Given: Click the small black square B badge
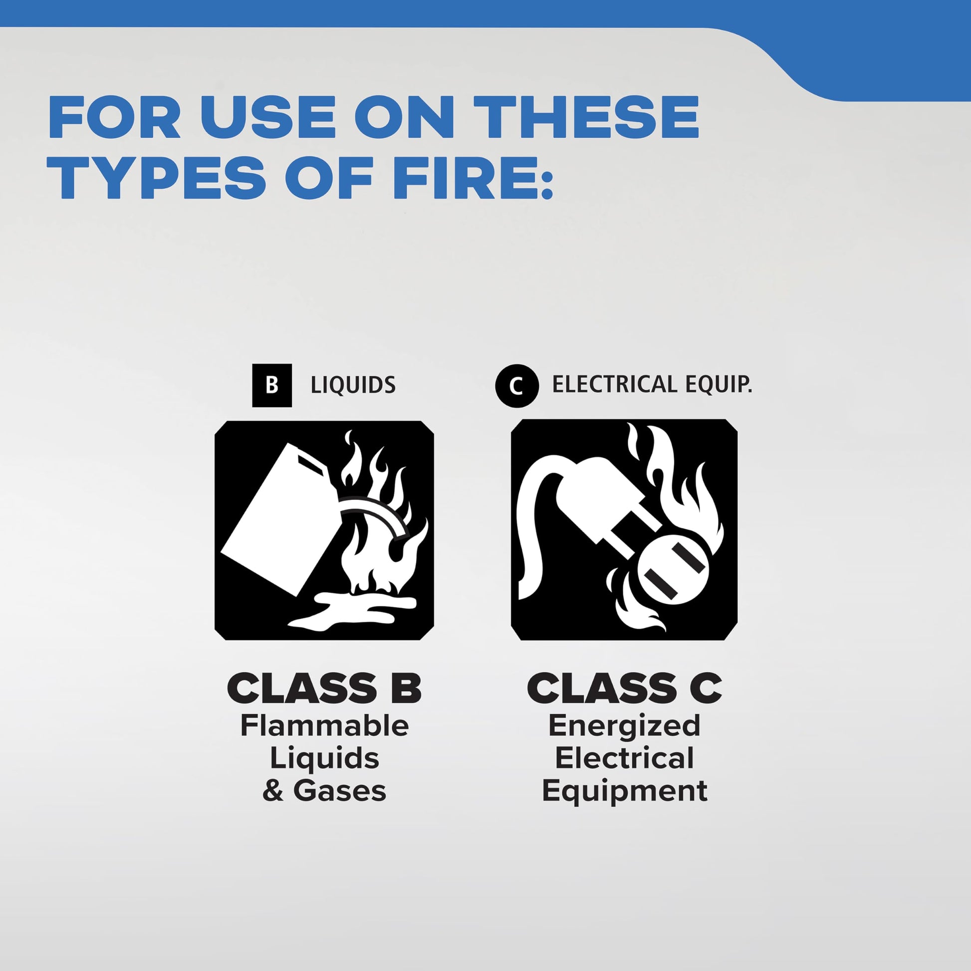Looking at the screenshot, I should [x=271, y=385].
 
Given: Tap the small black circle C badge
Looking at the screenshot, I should [x=516, y=386].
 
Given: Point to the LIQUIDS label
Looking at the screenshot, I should [x=353, y=386].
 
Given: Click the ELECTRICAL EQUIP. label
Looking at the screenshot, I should [x=652, y=385].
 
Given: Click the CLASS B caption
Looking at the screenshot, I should [x=324, y=689].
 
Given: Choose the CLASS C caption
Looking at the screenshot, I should [x=624, y=689].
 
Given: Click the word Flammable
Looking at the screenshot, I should [x=324, y=726].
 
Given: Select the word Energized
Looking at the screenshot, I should [x=624, y=726].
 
